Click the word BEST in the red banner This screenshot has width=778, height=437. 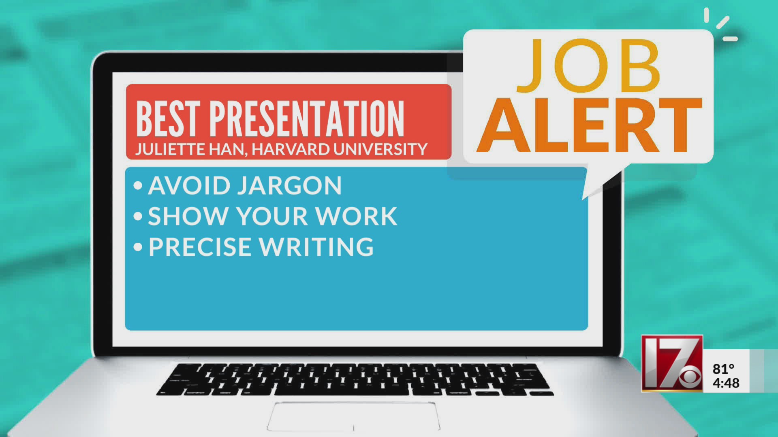[x=168, y=119]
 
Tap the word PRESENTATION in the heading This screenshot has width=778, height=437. [x=307, y=119]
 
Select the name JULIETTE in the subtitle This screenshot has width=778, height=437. [x=170, y=149]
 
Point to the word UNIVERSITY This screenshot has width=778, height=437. [x=380, y=149]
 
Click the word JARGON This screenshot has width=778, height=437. [x=289, y=186]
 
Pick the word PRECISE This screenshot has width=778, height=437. [x=200, y=247]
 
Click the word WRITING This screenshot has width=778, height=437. [x=316, y=247]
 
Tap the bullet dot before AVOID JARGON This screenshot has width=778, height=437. [x=138, y=186]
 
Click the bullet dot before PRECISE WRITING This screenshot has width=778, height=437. [x=138, y=247]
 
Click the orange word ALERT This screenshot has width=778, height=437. [x=589, y=126]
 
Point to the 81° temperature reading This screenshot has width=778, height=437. [x=723, y=369]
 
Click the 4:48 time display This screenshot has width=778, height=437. [x=726, y=383]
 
